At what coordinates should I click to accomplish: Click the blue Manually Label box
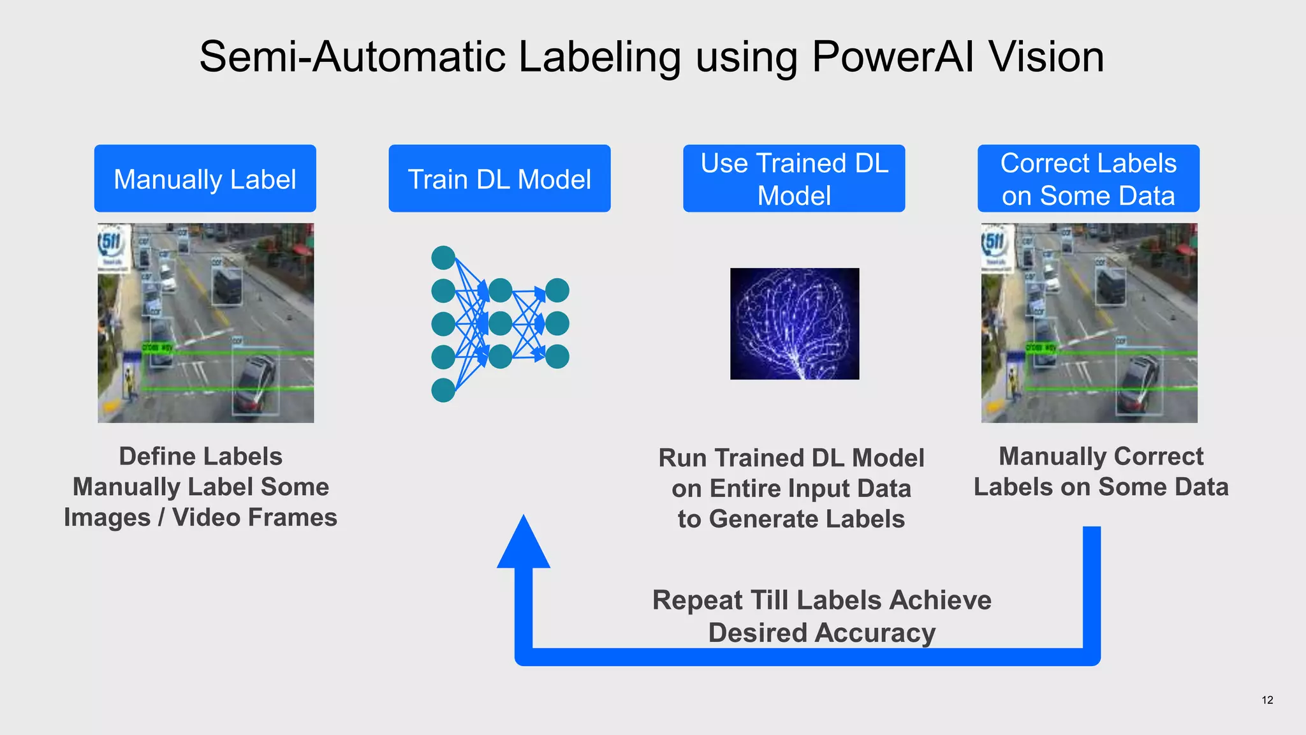(205, 179)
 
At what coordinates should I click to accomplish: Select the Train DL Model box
(499, 179)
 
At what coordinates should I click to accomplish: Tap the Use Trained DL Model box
(794, 179)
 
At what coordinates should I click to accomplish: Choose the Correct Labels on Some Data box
(1088, 179)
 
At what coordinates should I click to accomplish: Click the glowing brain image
(795, 323)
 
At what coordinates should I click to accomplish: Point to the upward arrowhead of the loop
(524, 542)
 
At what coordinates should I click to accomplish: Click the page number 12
(1267, 700)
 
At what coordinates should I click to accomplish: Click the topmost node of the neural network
(443, 258)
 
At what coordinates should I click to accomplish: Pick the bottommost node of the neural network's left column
(443, 390)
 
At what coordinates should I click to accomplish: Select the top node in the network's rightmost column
(557, 290)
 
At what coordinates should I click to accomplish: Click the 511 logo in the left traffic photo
(111, 243)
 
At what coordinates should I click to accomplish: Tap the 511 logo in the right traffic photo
(995, 243)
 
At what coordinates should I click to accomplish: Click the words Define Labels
(200, 457)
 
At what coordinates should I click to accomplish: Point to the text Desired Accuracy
(821, 633)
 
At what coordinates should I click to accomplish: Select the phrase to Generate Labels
(791, 519)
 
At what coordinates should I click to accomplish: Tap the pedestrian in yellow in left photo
(130, 383)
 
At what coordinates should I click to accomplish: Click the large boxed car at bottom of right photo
(1139, 383)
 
